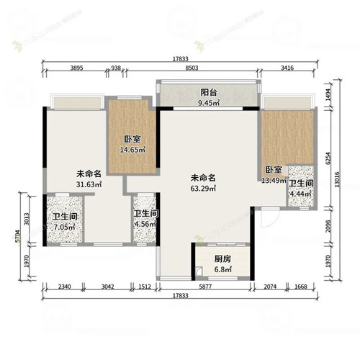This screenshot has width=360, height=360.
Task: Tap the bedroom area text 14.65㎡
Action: pos(132,150)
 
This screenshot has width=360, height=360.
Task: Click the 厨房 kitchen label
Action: pos(222,261)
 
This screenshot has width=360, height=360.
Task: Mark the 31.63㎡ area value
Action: pos(89,184)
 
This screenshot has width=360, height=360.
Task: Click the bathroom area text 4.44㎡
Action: pos(302,193)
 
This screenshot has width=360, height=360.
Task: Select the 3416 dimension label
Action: pos(287,68)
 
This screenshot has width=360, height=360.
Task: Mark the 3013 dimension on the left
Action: pos(27,220)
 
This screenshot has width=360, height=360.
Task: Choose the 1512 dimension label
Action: pos(144,287)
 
